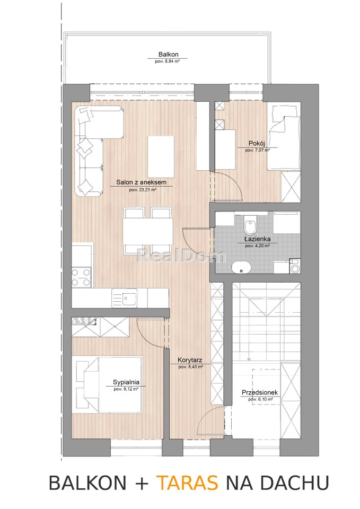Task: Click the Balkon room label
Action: click(x=168, y=55)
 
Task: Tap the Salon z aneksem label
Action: click(x=141, y=182)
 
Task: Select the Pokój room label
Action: click(x=257, y=143)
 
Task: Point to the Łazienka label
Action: click(x=258, y=239)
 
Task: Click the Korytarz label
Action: click(x=190, y=360)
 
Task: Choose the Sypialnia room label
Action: click(x=126, y=382)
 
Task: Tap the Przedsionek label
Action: click(x=260, y=393)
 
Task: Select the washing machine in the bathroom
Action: click(x=295, y=266)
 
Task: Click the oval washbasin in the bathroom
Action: click(x=241, y=268)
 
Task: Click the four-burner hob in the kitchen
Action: click(x=81, y=277)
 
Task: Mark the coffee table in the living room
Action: click(x=161, y=157)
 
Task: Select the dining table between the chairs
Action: click(x=148, y=231)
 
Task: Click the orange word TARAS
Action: click(x=187, y=482)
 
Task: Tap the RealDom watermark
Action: click(x=181, y=256)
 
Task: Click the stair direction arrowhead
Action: click(x=249, y=359)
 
